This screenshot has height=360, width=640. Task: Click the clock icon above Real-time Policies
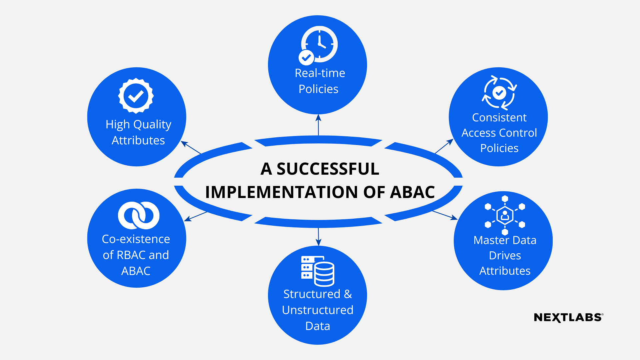point(319,44)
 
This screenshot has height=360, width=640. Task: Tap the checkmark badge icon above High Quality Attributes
point(136,96)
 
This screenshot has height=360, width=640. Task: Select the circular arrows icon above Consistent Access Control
point(499,93)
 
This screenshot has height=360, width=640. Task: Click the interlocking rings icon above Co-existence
point(139,215)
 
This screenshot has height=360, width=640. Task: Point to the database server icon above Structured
point(318,271)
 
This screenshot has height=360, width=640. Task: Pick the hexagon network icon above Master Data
point(505,215)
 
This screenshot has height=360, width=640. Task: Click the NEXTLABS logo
point(568,317)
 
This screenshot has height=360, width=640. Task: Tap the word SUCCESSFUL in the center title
point(328,169)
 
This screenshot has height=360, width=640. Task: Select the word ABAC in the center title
point(412,192)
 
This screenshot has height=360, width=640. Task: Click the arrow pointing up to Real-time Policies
point(318,125)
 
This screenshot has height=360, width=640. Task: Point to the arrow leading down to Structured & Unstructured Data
point(318,237)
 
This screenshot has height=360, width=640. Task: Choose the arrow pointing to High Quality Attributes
point(191,148)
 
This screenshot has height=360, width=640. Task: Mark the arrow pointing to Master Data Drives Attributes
point(445,215)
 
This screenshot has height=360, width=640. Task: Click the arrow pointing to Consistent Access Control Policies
point(444,146)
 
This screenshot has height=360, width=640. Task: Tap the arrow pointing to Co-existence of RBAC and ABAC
point(196,216)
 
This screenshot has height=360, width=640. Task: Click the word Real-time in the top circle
point(320,73)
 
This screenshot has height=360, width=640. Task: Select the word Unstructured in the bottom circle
point(317,310)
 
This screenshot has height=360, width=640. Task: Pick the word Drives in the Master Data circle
point(505,255)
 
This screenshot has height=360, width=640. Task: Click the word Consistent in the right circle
point(499,117)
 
